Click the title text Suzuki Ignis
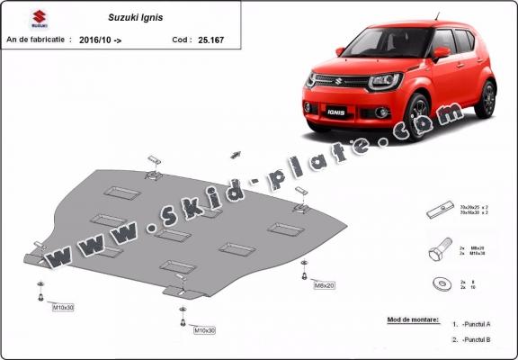click(131, 17)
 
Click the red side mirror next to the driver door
click(441, 53)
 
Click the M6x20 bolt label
click(323, 286)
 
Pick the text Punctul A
click(478, 323)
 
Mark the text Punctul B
click(478, 339)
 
